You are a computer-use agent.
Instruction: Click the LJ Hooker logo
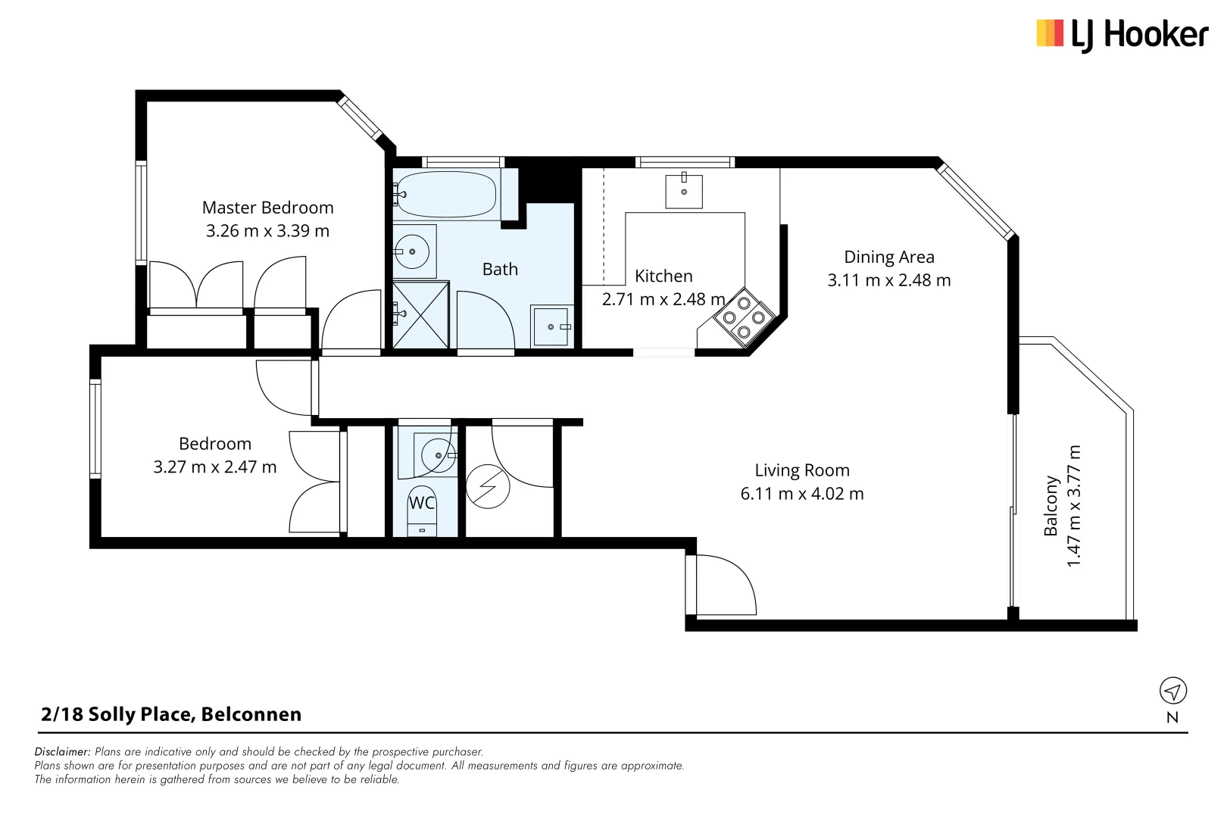tap(1122, 35)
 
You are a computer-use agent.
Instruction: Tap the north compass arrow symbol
tap(1172, 691)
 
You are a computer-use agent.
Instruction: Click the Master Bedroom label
tap(267, 208)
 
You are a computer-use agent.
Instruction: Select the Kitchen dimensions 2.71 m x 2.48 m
tap(663, 299)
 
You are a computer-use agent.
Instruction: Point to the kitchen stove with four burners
tap(744, 317)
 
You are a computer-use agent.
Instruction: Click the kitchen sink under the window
tap(683, 191)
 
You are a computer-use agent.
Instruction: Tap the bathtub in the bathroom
tap(446, 195)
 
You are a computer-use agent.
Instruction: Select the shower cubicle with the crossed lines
tap(421, 314)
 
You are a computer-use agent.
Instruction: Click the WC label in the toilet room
tap(422, 503)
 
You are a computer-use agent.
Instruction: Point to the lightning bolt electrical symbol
tap(488, 486)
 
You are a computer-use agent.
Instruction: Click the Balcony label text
tap(1051, 506)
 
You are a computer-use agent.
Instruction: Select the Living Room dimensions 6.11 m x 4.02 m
tap(801, 494)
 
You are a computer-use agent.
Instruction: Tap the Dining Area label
tap(888, 258)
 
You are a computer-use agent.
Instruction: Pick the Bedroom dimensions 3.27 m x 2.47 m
tap(214, 467)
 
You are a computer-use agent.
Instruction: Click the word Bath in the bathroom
tap(500, 270)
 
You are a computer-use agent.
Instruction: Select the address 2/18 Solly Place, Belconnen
tap(171, 714)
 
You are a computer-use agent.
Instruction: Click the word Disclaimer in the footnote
tap(62, 752)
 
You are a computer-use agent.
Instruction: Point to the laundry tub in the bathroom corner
tap(551, 326)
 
